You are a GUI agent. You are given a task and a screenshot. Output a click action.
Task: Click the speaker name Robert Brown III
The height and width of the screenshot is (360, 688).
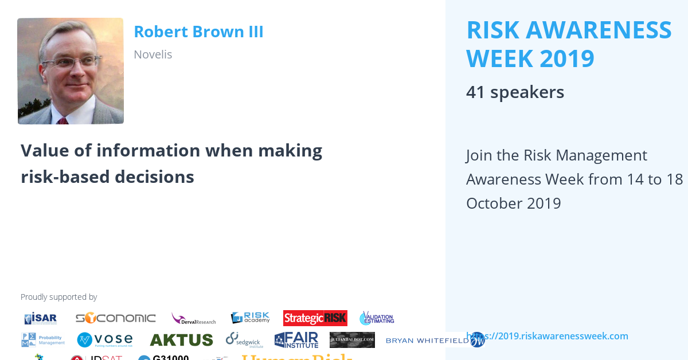198,32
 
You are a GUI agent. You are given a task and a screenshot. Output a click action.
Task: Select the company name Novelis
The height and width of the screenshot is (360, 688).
153,54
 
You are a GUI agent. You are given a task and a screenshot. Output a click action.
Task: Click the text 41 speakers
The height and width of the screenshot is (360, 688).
515,92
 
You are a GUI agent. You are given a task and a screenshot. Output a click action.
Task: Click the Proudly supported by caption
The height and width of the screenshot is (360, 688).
58,297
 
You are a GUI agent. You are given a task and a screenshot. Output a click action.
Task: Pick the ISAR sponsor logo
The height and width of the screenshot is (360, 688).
41,318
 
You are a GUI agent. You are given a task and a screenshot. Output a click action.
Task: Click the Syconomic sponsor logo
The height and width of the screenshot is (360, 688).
116,318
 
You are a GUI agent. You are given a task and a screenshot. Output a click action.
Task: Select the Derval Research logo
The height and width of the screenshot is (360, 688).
194,319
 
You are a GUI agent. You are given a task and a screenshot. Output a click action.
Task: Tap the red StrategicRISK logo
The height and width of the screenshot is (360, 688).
315,318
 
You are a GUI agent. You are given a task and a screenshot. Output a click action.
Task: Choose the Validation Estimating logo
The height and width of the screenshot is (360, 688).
377,318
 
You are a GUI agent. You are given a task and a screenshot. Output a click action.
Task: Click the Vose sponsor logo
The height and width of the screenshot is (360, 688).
105,340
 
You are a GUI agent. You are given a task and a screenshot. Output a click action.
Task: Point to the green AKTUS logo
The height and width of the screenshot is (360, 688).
181,340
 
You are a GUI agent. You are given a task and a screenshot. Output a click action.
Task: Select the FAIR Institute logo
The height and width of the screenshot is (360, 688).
296,340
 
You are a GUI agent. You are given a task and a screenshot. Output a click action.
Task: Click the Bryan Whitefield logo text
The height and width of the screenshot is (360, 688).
428,341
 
